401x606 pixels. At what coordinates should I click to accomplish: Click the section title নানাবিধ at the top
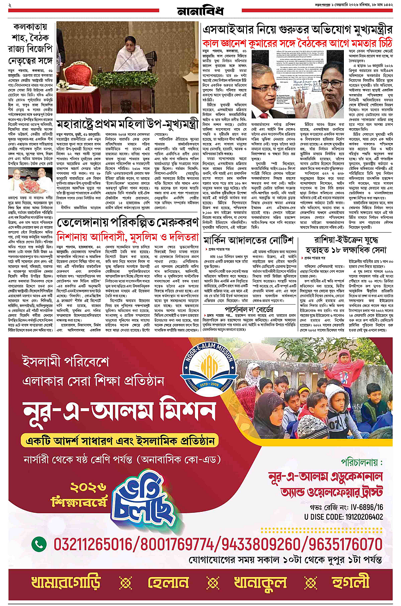click(200, 10)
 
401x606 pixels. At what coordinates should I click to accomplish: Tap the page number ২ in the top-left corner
click(10, 5)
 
